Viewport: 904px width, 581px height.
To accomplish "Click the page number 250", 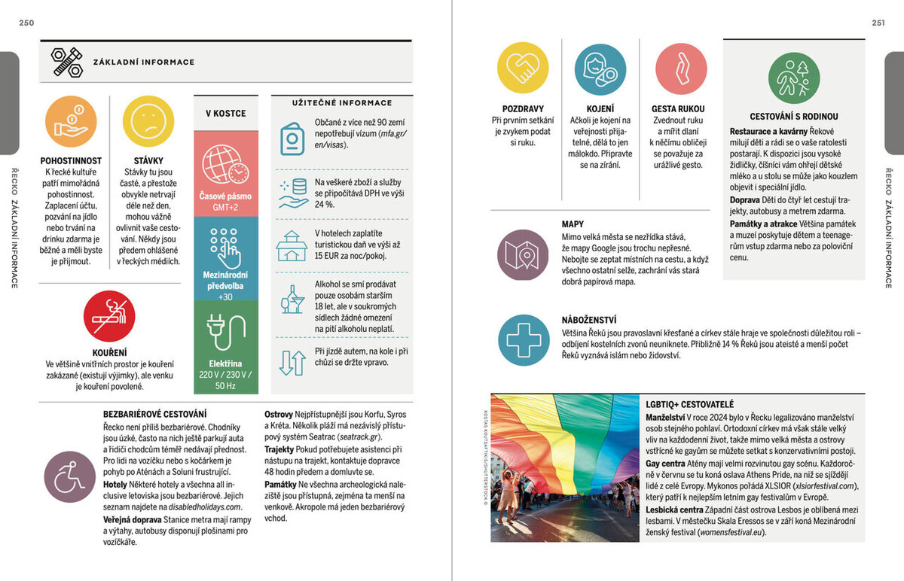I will point(27,23).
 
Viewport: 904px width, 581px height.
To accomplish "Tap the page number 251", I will point(878,23).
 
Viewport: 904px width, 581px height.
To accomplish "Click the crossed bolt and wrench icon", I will point(66,62).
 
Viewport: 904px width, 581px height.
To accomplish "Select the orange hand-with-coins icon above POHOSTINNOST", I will point(71,122).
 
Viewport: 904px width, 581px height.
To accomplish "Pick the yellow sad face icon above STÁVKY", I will point(148,122).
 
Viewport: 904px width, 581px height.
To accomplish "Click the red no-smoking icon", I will point(109,317).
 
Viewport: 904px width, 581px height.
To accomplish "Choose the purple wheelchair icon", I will point(70,477).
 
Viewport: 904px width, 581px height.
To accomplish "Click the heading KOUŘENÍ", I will point(109,352).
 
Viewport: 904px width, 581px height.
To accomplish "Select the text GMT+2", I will point(225,207).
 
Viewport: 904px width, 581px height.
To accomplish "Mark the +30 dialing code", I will point(225,297).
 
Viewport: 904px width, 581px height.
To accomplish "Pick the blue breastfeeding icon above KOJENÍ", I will point(600,69).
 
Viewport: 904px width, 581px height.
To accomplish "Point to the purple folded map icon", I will point(522,254).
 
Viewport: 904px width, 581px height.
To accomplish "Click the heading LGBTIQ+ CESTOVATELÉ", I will point(689,405).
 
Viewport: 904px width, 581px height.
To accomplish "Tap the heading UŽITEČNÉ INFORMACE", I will point(342,103).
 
